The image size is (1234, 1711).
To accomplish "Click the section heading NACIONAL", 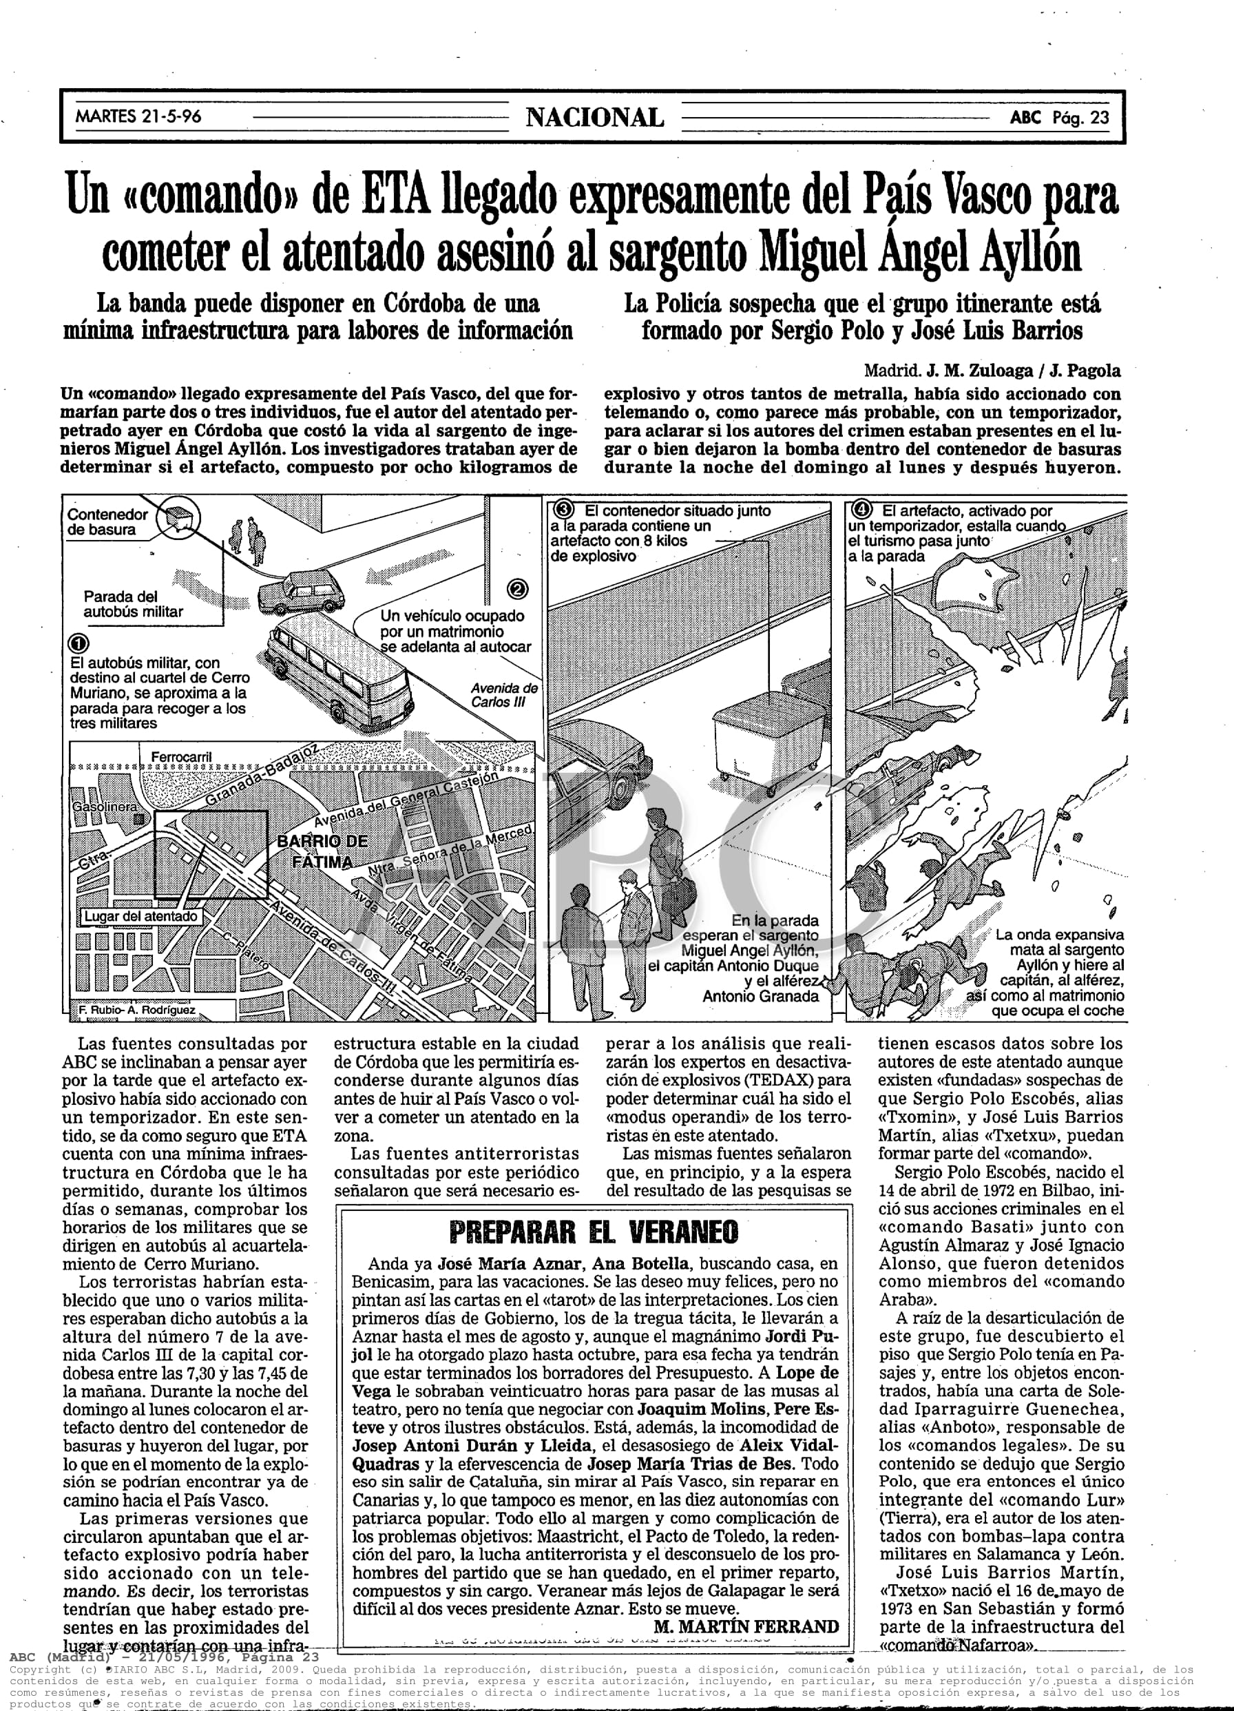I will tap(594, 118).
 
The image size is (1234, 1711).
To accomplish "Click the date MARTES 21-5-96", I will tap(138, 117).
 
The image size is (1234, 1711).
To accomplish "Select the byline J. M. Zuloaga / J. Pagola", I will tap(1023, 371).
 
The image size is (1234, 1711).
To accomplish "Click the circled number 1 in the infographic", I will tap(78, 643).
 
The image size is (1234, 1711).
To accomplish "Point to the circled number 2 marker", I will tap(519, 589).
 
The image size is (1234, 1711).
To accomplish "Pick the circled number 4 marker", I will tap(861, 510).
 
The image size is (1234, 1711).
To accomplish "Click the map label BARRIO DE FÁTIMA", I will tap(322, 851).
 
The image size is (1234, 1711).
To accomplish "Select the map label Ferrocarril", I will tap(181, 757).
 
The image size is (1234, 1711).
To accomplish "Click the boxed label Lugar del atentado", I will tap(141, 916).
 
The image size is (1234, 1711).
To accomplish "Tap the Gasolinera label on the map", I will tap(105, 807).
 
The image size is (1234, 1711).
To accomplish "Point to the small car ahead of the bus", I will tap(302, 590).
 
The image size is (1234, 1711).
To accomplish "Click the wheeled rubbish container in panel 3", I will tap(747, 742).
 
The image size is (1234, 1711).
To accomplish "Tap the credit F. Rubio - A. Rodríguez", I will tap(136, 1009).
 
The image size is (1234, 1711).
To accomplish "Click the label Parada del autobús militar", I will tap(133, 603).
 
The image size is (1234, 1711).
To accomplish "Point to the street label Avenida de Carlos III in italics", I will tap(504, 694).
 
